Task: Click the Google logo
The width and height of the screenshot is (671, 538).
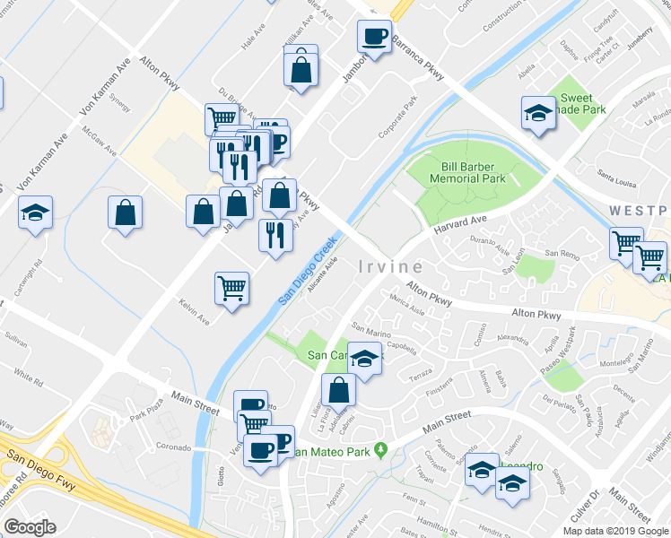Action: [x=30, y=527]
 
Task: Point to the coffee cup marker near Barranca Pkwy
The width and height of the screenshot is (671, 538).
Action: [x=374, y=37]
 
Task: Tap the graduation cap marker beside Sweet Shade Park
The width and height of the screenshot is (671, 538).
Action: [x=538, y=113]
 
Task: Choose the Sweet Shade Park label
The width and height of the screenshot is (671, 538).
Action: [x=583, y=104]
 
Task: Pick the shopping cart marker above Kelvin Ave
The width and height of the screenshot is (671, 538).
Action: [x=231, y=289]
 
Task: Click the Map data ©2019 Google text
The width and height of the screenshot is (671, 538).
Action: [x=614, y=531]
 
